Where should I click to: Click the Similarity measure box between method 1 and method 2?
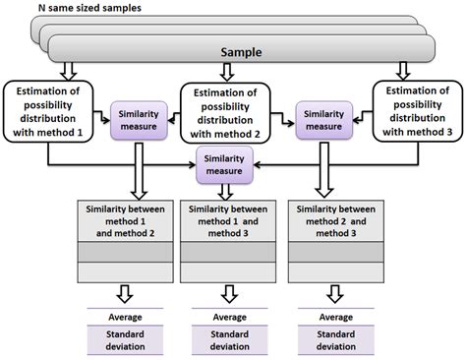point(139,119)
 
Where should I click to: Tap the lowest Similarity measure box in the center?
point(225,160)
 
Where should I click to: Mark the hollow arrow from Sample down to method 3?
point(403,71)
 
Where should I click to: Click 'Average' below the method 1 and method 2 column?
point(125,317)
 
